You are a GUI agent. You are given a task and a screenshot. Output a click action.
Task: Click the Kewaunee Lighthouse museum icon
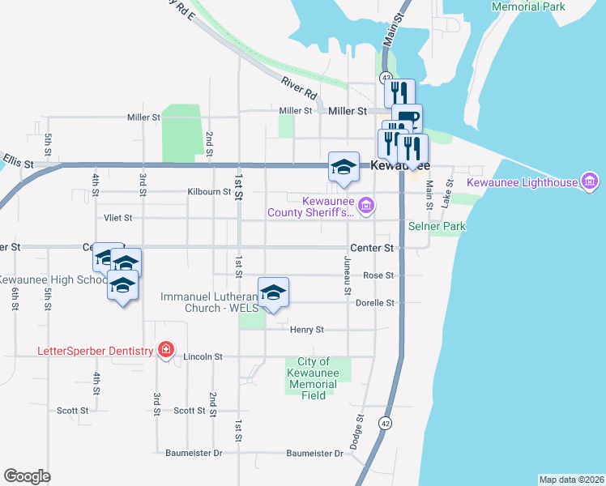click(x=590, y=181)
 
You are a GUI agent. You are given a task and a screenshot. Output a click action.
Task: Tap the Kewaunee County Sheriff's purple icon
click(x=365, y=206)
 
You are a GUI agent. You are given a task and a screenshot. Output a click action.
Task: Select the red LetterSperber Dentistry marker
click(x=166, y=350)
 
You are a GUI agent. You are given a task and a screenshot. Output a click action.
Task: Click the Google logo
click(x=27, y=475)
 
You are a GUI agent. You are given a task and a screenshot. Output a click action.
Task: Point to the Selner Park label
click(x=437, y=226)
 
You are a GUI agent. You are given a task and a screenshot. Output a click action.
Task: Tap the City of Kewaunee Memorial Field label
click(x=313, y=378)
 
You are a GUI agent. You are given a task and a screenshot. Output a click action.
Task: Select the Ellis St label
click(x=18, y=164)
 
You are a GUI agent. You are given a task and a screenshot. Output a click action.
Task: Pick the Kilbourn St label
click(x=209, y=192)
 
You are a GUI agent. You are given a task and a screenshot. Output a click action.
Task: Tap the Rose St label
click(x=378, y=275)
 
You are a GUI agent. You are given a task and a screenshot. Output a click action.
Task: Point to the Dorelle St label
click(x=374, y=303)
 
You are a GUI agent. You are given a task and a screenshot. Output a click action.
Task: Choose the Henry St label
click(x=307, y=330)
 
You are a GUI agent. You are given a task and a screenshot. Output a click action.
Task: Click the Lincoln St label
click(x=203, y=356)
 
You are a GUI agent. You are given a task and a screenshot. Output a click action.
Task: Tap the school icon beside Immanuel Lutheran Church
click(x=273, y=292)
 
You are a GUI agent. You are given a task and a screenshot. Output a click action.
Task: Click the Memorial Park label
click(x=527, y=6)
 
